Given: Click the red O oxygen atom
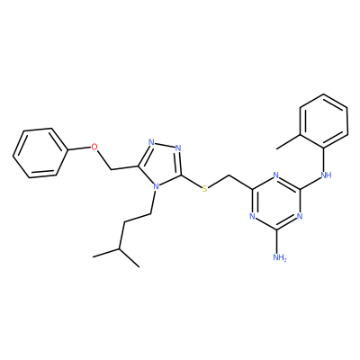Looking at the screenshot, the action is pyautogui.click(x=94, y=147).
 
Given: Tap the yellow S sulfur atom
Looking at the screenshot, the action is pyautogui.click(x=204, y=189).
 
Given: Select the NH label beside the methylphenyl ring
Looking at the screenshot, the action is pyautogui.click(x=326, y=175).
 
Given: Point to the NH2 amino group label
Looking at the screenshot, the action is pyautogui.click(x=280, y=257).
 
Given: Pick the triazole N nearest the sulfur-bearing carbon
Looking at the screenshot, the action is pyautogui.click(x=179, y=148).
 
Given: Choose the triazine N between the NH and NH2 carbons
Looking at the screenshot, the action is pyautogui.click(x=300, y=216).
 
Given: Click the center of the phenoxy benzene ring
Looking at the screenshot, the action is pyautogui.click(x=40, y=153).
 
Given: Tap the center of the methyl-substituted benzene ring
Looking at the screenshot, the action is pyautogui.click(x=324, y=121).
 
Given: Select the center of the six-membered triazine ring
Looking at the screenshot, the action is pyautogui.click(x=276, y=202).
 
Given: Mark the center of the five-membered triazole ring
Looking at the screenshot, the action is pyautogui.click(x=162, y=164).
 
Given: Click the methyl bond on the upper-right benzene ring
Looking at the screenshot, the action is pyautogui.click(x=288, y=141).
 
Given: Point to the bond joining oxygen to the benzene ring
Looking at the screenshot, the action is pyautogui.click(x=78, y=148).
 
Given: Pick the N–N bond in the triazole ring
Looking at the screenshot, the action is pyautogui.click(x=165, y=145).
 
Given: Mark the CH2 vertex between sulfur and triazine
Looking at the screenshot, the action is pyautogui.click(x=229, y=175).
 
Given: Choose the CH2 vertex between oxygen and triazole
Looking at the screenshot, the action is pyautogui.click(x=111, y=170).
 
